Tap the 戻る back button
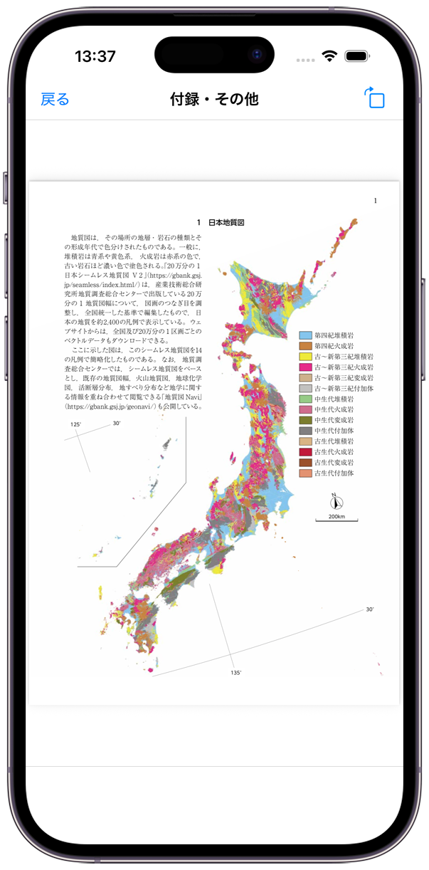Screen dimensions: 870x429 click(55, 99)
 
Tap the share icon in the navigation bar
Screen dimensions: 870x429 click(374, 98)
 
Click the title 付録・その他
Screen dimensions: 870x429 click(214, 99)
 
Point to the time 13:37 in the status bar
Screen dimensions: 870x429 click(95, 56)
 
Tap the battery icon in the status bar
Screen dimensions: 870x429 click(356, 56)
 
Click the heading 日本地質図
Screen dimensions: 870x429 click(226, 223)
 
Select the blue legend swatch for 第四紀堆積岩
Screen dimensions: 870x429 click(306, 335)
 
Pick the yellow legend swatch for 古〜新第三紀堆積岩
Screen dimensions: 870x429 click(306, 357)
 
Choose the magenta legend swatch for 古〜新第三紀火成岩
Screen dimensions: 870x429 click(306, 367)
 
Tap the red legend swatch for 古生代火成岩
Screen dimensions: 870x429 click(306, 452)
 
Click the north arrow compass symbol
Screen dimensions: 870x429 click(337, 500)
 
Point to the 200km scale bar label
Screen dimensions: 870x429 click(337, 517)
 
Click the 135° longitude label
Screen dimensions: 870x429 click(236, 672)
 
